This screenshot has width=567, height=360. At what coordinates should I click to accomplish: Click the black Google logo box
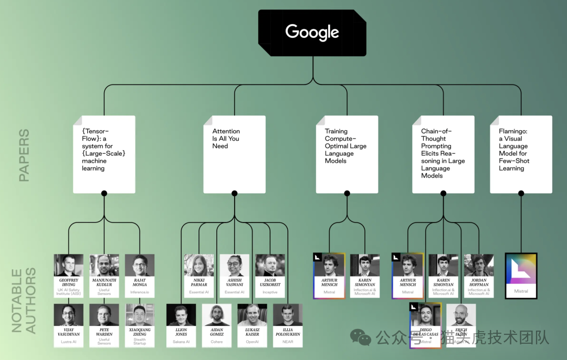[312, 33]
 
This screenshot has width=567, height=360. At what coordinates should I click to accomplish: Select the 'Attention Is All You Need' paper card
[234, 153]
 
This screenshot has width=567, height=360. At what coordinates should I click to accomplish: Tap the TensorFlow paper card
[104, 153]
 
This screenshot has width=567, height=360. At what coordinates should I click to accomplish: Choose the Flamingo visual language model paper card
[521, 153]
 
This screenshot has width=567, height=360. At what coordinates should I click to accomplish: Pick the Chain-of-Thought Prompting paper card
[443, 153]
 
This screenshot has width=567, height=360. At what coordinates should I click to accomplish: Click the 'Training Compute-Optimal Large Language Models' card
[346, 153]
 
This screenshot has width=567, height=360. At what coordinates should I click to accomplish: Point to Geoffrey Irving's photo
[68, 265]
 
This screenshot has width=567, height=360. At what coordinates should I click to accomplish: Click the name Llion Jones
[181, 332]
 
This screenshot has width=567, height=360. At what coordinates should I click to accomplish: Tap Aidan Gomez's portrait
[216, 315]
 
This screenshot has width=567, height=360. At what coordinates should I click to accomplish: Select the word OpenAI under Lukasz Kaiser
[252, 342]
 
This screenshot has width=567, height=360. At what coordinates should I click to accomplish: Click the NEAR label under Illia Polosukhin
[288, 342]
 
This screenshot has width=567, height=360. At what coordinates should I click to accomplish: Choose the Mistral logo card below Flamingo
[521, 276]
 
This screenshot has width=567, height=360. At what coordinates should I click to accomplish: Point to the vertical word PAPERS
[24, 155]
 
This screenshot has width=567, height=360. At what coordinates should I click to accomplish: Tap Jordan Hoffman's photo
[479, 265]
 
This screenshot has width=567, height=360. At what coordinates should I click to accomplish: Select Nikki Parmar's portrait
[199, 265]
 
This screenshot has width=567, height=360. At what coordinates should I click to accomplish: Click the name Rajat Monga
[140, 282]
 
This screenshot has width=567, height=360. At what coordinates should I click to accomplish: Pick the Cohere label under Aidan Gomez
[216, 342]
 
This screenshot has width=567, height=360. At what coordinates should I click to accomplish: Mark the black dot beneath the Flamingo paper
[521, 193]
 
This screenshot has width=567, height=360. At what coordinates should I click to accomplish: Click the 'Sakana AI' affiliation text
[181, 342]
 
